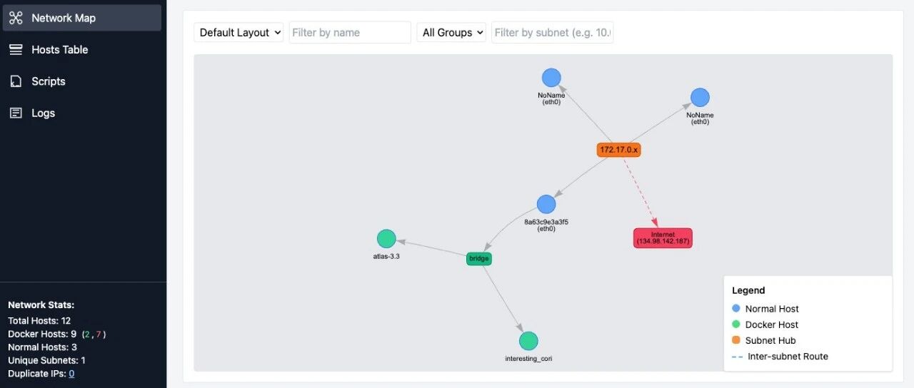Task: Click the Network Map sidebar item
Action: [x=82, y=18]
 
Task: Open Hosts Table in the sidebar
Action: [x=59, y=50]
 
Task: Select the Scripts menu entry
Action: [x=48, y=81]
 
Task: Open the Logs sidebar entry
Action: [x=43, y=113]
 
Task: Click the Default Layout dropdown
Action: [x=238, y=32]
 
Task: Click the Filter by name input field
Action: [x=350, y=32]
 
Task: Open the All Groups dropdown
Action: [x=451, y=32]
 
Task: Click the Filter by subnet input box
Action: [x=552, y=32]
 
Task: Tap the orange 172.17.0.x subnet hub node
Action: [x=619, y=150]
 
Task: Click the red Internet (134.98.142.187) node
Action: [x=663, y=238]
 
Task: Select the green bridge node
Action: [x=479, y=258]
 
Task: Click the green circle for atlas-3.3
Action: [x=386, y=238]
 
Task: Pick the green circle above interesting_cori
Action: [x=528, y=341]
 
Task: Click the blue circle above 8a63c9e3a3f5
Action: [x=546, y=204]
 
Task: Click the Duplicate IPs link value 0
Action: [x=71, y=373]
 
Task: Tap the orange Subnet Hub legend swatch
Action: [x=736, y=340]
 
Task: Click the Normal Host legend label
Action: [x=772, y=309]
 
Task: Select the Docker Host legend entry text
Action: [x=772, y=325]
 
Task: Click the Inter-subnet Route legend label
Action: [x=788, y=356]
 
